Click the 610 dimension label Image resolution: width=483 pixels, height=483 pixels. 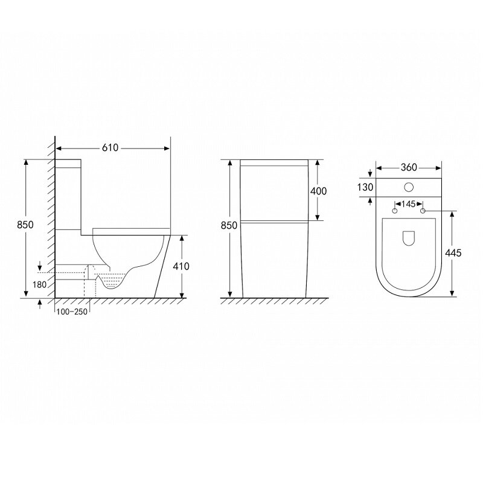(x=110, y=148)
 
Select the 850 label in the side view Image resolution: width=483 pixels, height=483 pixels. (x=25, y=225)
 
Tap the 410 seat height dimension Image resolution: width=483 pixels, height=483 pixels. (x=181, y=266)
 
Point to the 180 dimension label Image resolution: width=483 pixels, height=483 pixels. (x=39, y=284)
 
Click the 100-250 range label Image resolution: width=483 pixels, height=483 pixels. (x=72, y=312)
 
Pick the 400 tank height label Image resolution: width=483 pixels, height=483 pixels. (x=318, y=191)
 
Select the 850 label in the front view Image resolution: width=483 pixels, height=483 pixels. (x=229, y=225)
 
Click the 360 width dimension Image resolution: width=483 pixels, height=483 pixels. (x=409, y=167)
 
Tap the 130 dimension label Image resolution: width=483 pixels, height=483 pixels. (x=365, y=187)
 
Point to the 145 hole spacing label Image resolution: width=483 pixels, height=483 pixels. (x=409, y=204)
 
